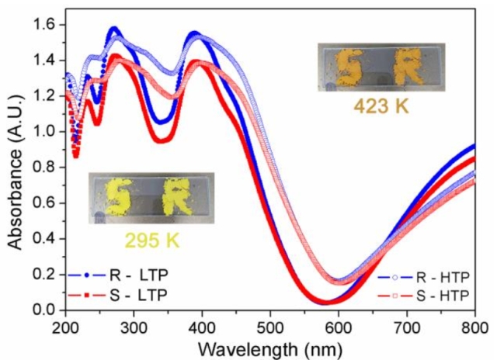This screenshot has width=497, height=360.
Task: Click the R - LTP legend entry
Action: click(116, 275)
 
